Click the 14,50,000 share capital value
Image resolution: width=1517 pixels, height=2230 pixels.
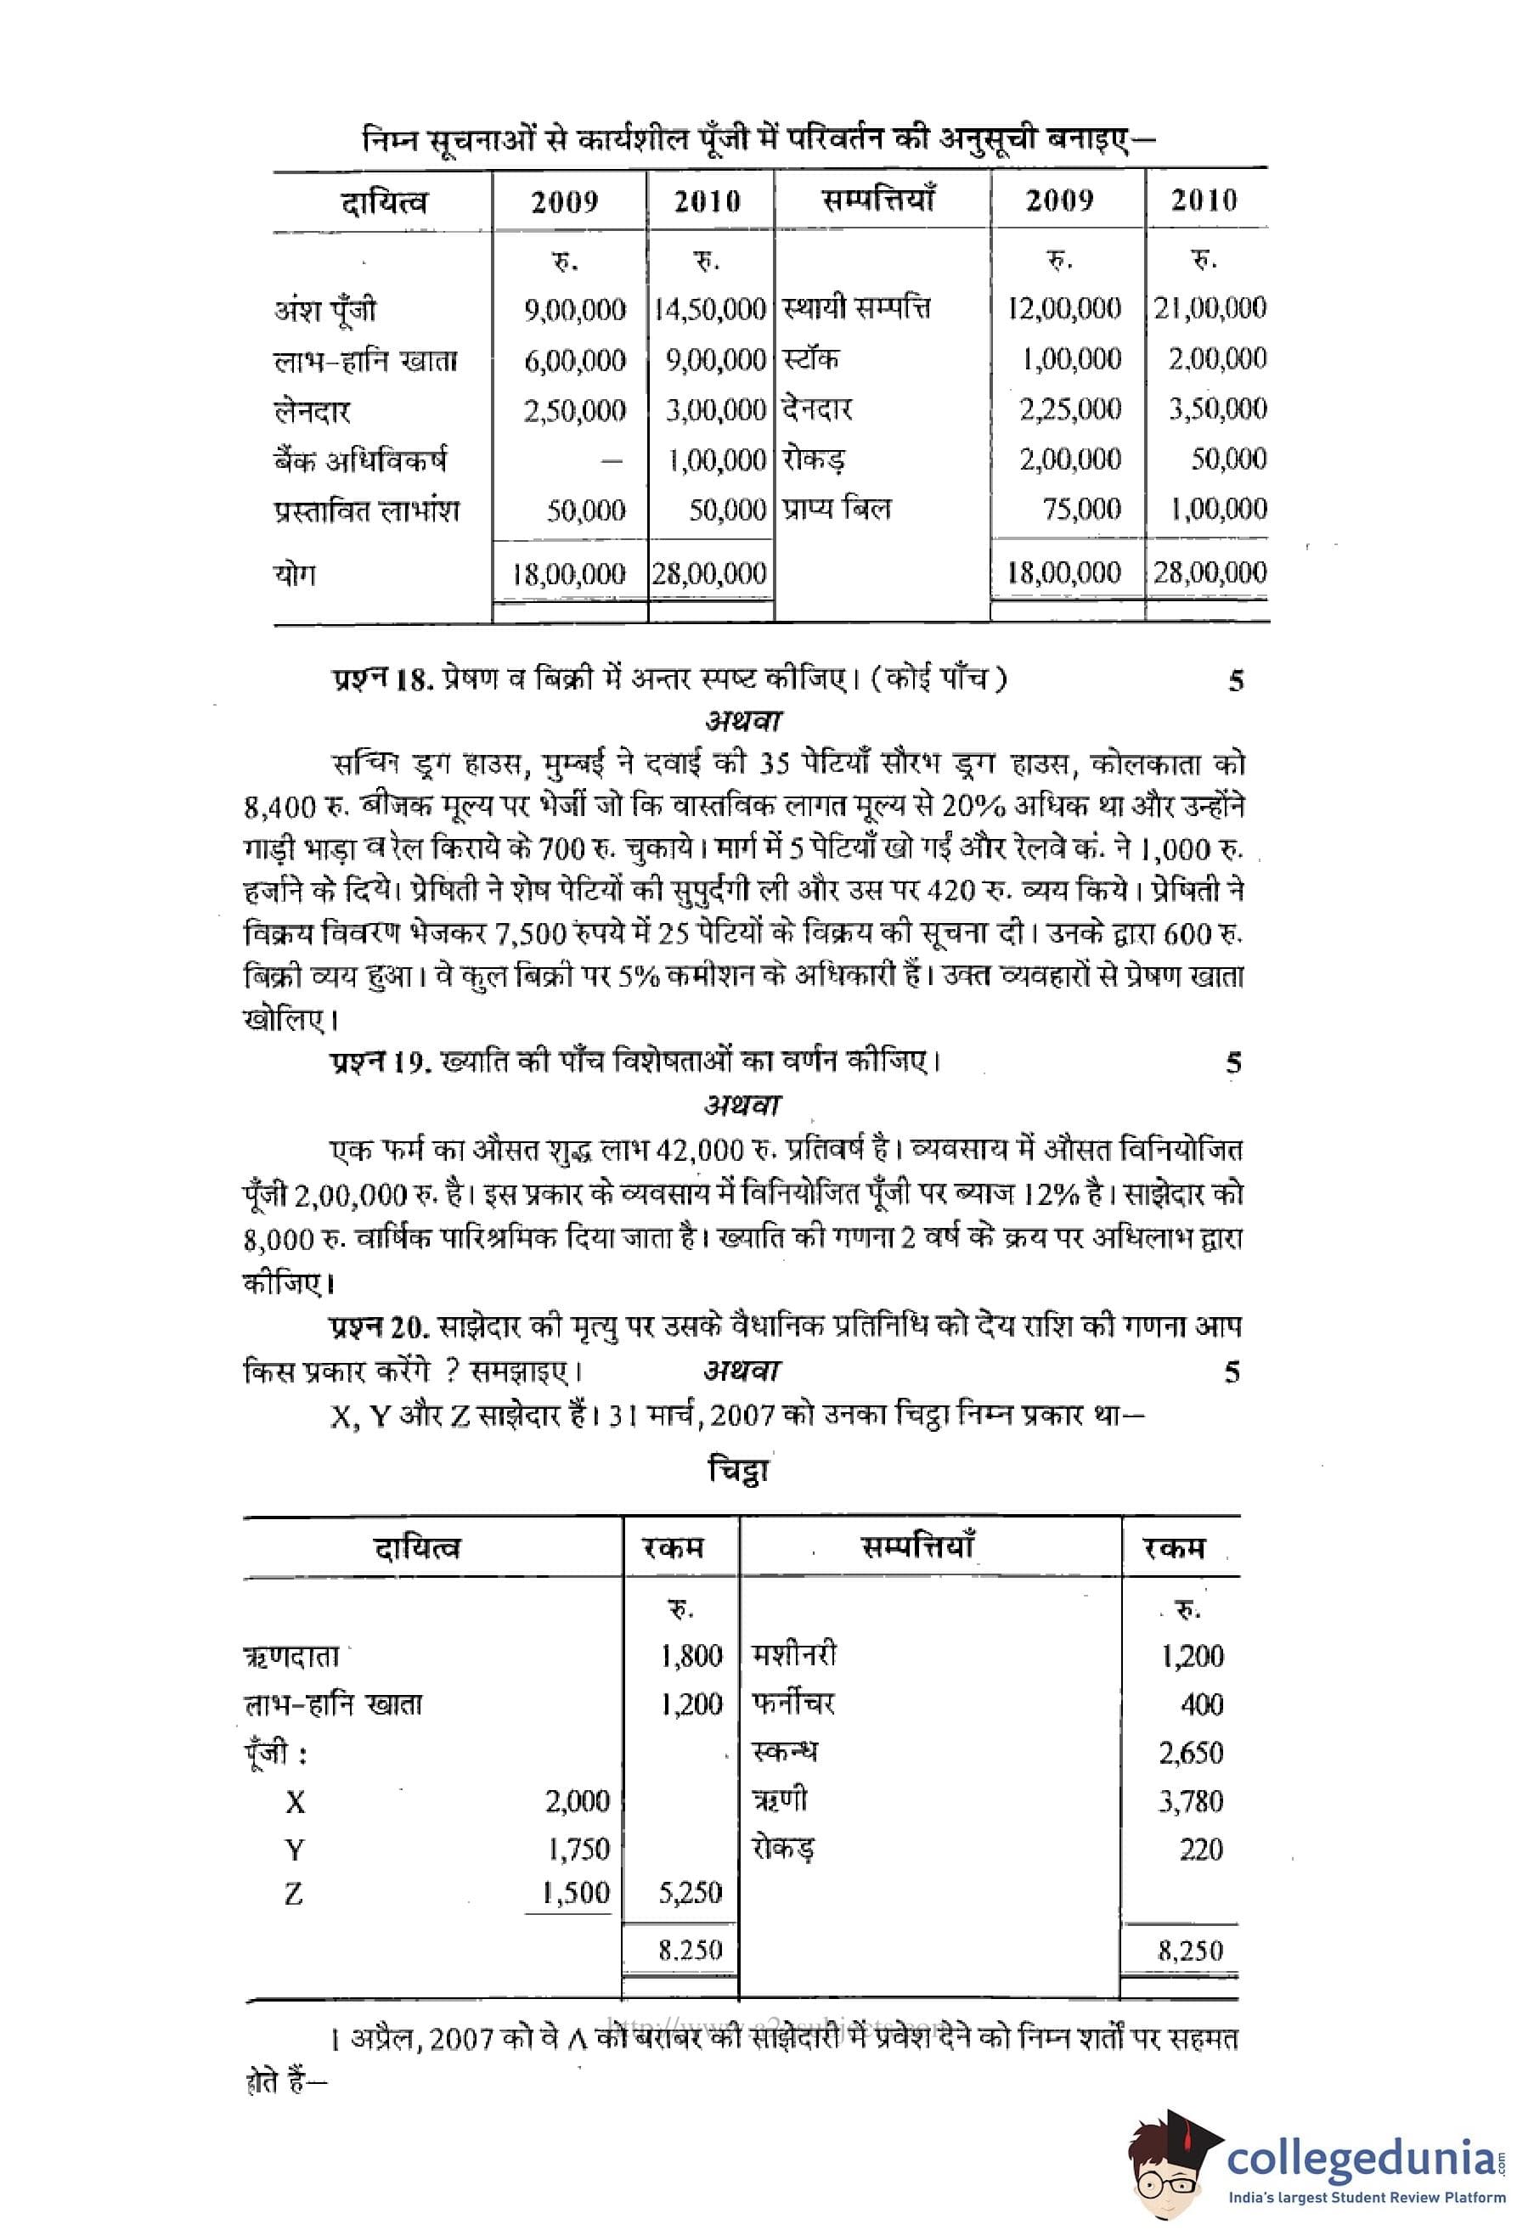click(710, 309)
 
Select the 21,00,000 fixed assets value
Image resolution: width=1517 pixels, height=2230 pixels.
click(1210, 308)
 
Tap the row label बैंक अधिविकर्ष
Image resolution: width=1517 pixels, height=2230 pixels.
click(360, 460)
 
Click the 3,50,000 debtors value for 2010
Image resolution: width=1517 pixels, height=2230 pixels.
click(1216, 408)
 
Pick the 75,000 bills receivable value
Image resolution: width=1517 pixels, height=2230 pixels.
click(1081, 509)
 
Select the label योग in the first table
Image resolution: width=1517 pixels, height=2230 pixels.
click(295, 574)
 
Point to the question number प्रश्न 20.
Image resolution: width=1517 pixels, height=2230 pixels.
click(381, 1327)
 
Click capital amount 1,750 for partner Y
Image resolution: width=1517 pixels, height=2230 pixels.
click(578, 1849)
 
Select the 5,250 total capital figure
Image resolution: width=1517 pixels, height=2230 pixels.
click(690, 1893)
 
